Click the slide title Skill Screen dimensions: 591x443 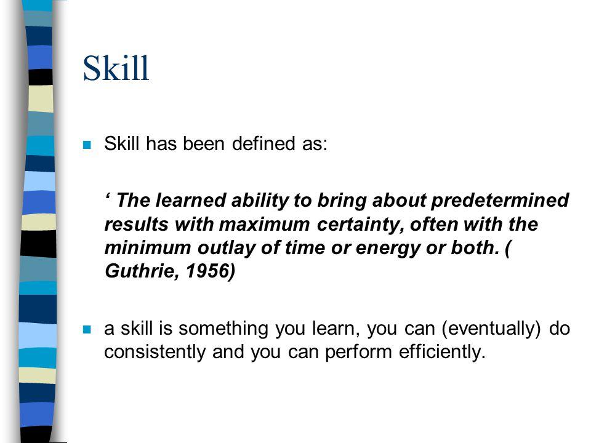tap(116, 68)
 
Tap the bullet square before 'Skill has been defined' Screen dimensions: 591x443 tap(87, 145)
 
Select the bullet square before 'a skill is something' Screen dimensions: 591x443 tap(87, 330)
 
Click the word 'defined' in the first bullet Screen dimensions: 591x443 tap(263, 143)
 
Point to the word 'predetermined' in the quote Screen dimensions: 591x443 tap(500, 200)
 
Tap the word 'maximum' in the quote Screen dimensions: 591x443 tap(264, 225)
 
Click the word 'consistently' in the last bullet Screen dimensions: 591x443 tap(155, 352)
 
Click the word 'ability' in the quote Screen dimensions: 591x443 tap(260, 201)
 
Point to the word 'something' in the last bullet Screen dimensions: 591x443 tap(223, 329)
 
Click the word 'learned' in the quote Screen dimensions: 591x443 tap(190, 200)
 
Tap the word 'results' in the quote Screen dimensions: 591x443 tap(135, 225)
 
